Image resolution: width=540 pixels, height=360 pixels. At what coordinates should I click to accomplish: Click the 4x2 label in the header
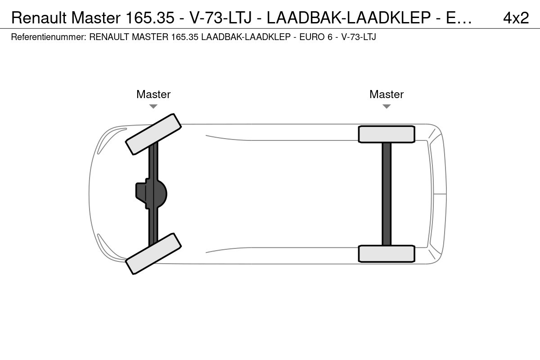[x=516, y=18]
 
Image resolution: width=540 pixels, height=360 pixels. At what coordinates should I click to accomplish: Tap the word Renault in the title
[x=39, y=18]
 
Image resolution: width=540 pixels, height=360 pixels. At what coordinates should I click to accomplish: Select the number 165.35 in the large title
[x=150, y=18]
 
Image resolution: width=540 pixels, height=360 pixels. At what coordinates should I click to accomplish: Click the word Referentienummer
[x=49, y=37]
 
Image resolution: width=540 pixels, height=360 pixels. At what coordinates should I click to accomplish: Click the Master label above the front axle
[x=153, y=94]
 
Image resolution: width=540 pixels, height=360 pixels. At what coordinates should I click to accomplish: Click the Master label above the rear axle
[x=387, y=94]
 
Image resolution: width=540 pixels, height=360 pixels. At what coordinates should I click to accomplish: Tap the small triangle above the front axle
[x=153, y=106]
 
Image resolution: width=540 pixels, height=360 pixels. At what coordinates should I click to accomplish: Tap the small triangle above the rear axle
[x=387, y=106]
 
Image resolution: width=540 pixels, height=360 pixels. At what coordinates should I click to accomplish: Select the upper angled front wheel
[x=153, y=134]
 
